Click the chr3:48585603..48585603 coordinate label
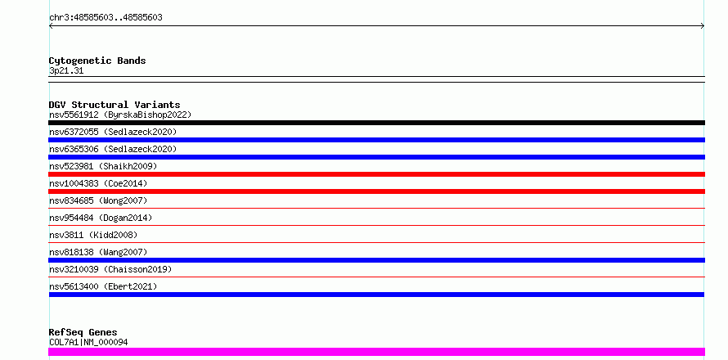[x=106, y=18]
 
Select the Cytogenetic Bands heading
[x=97, y=61]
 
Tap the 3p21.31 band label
[x=66, y=71]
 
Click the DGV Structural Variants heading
[x=115, y=105]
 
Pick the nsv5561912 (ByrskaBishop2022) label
[x=120, y=115]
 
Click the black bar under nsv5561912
[x=376, y=123]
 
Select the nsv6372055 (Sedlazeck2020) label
[x=113, y=132]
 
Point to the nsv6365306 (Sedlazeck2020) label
[x=113, y=149]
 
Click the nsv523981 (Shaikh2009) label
[x=103, y=166]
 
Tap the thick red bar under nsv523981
[x=376, y=174]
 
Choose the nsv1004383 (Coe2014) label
[x=98, y=183]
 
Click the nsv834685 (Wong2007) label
[x=98, y=200]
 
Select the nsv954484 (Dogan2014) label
[x=101, y=218]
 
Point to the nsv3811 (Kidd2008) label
[x=93, y=235]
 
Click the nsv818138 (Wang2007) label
[x=98, y=252]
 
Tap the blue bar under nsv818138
[x=376, y=260]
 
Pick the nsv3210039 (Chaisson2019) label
[x=110, y=269]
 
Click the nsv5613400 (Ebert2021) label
[x=103, y=286]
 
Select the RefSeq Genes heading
[x=83, y=332]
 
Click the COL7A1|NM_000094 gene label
[x=88, y=342]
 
